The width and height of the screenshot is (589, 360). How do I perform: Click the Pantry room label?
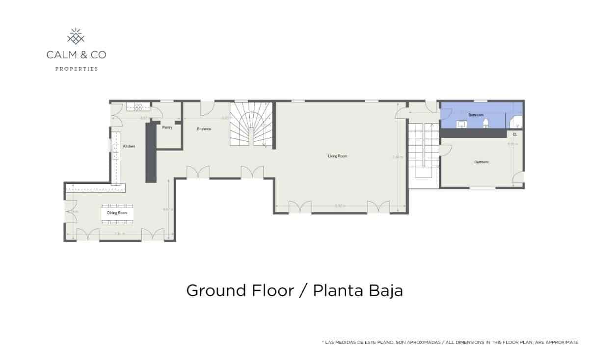tap(166, 127)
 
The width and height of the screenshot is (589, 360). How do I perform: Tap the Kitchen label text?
tap(129, 146)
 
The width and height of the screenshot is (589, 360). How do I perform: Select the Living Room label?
tap(338, 156)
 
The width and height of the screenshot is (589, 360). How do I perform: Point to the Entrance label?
tap(204, 129)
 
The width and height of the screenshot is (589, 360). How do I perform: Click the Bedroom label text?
tap(481, 162)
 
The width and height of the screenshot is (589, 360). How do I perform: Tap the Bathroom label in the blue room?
tap(476, 114)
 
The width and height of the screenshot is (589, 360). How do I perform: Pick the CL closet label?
tap(515, 134)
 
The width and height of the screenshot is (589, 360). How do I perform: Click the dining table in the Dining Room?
tap(117, 213)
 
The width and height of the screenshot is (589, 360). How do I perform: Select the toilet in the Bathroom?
tap(485, 123)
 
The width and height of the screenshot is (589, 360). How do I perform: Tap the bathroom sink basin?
tap(462, 123)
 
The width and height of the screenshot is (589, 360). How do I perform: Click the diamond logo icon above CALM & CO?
tap(76, 36)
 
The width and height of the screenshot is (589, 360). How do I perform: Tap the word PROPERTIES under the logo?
tap(76, 69)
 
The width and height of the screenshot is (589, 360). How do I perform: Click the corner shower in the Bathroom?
tap(516, 122)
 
